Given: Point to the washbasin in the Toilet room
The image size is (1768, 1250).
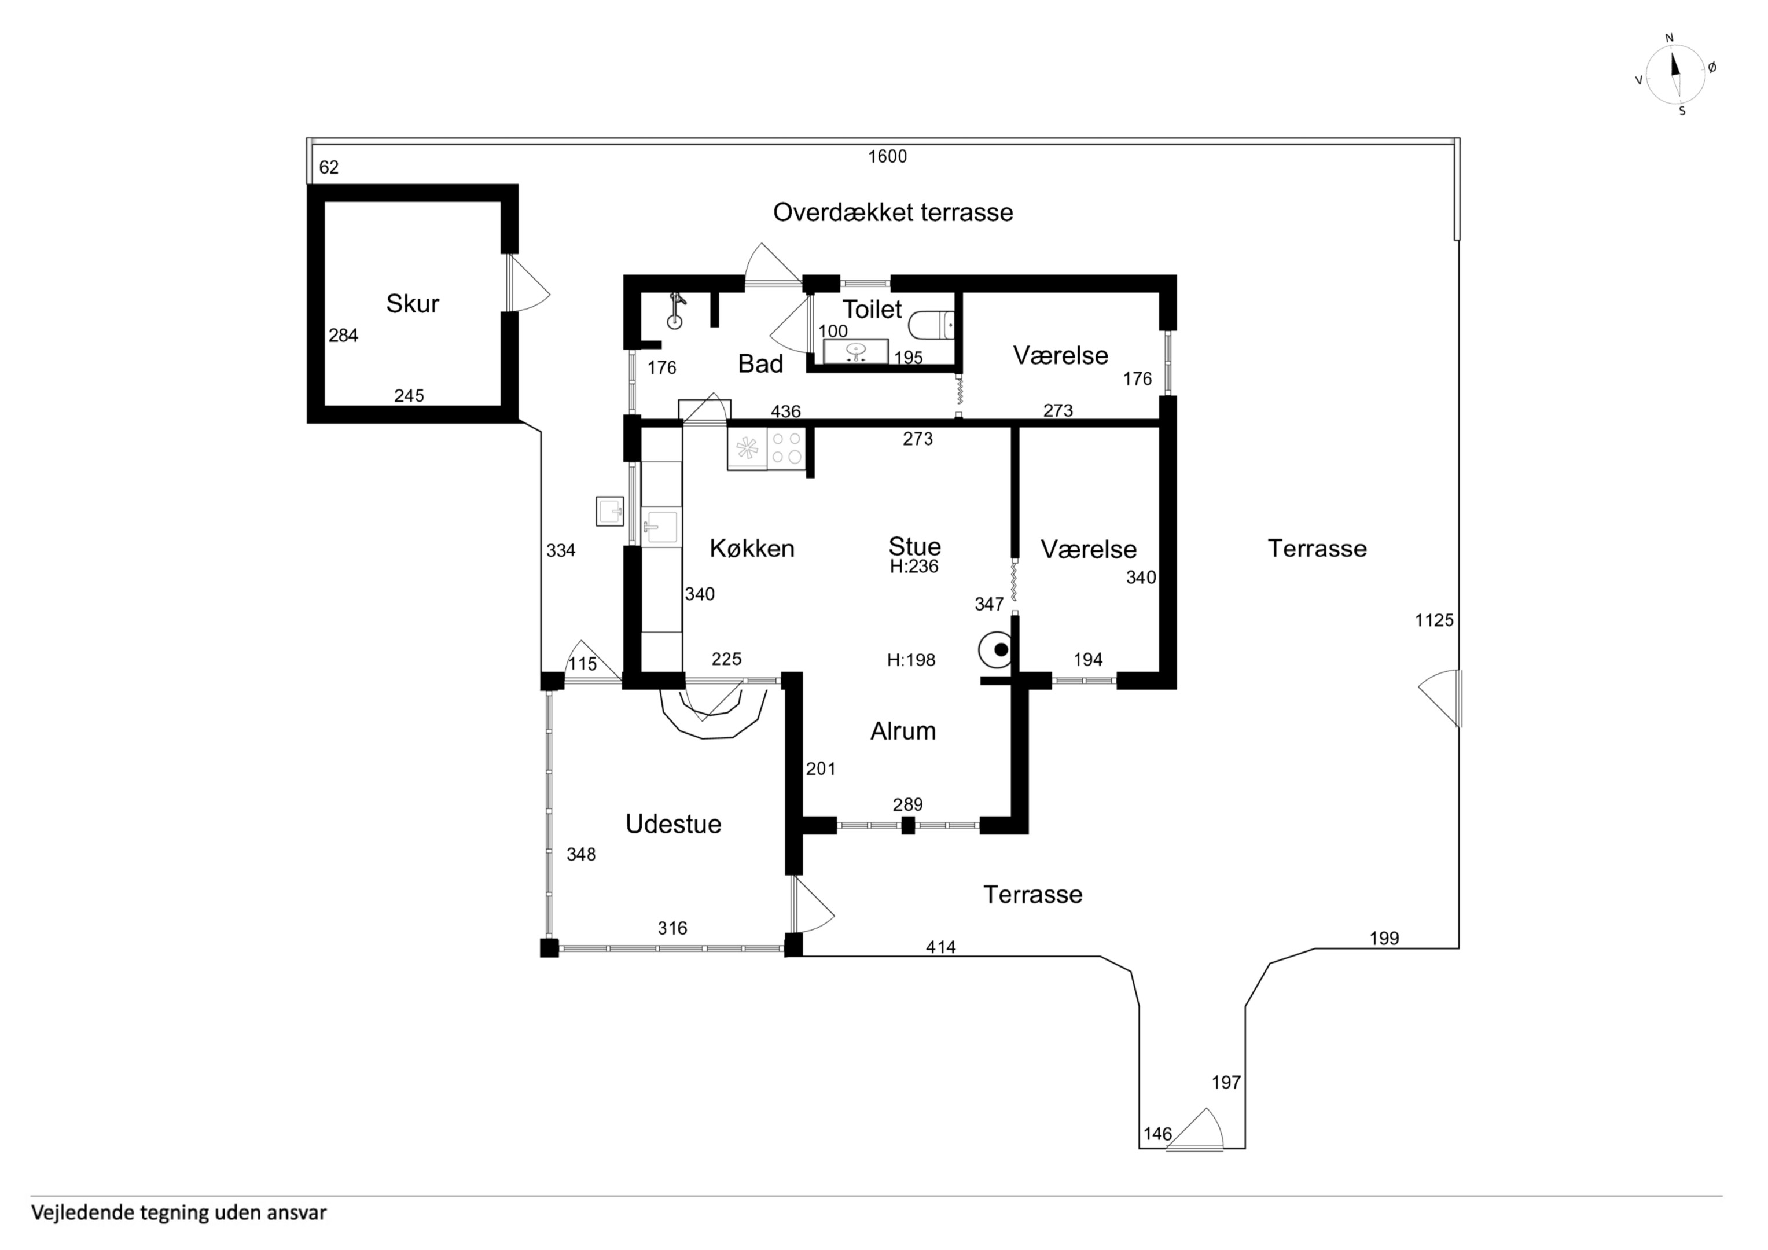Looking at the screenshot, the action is coord(855,351).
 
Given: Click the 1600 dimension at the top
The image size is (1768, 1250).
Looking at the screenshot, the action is coord(887,156).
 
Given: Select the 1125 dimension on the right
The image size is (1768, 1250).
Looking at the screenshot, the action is coord(1434,620).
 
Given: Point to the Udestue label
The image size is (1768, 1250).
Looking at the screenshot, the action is coord(673,824).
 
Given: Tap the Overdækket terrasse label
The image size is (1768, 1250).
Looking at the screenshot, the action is coord(892,212).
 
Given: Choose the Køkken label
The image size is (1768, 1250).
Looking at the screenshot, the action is coord(752,549).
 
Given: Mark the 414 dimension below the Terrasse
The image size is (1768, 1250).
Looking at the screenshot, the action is coord(940,947).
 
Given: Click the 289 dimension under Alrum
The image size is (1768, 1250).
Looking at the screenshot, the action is coord(908,805).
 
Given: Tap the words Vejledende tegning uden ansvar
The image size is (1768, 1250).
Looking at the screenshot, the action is coord(179,1213).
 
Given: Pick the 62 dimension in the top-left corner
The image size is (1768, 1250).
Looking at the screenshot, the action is coord(329,167).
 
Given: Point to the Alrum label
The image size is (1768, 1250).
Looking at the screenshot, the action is coord(903,731).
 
